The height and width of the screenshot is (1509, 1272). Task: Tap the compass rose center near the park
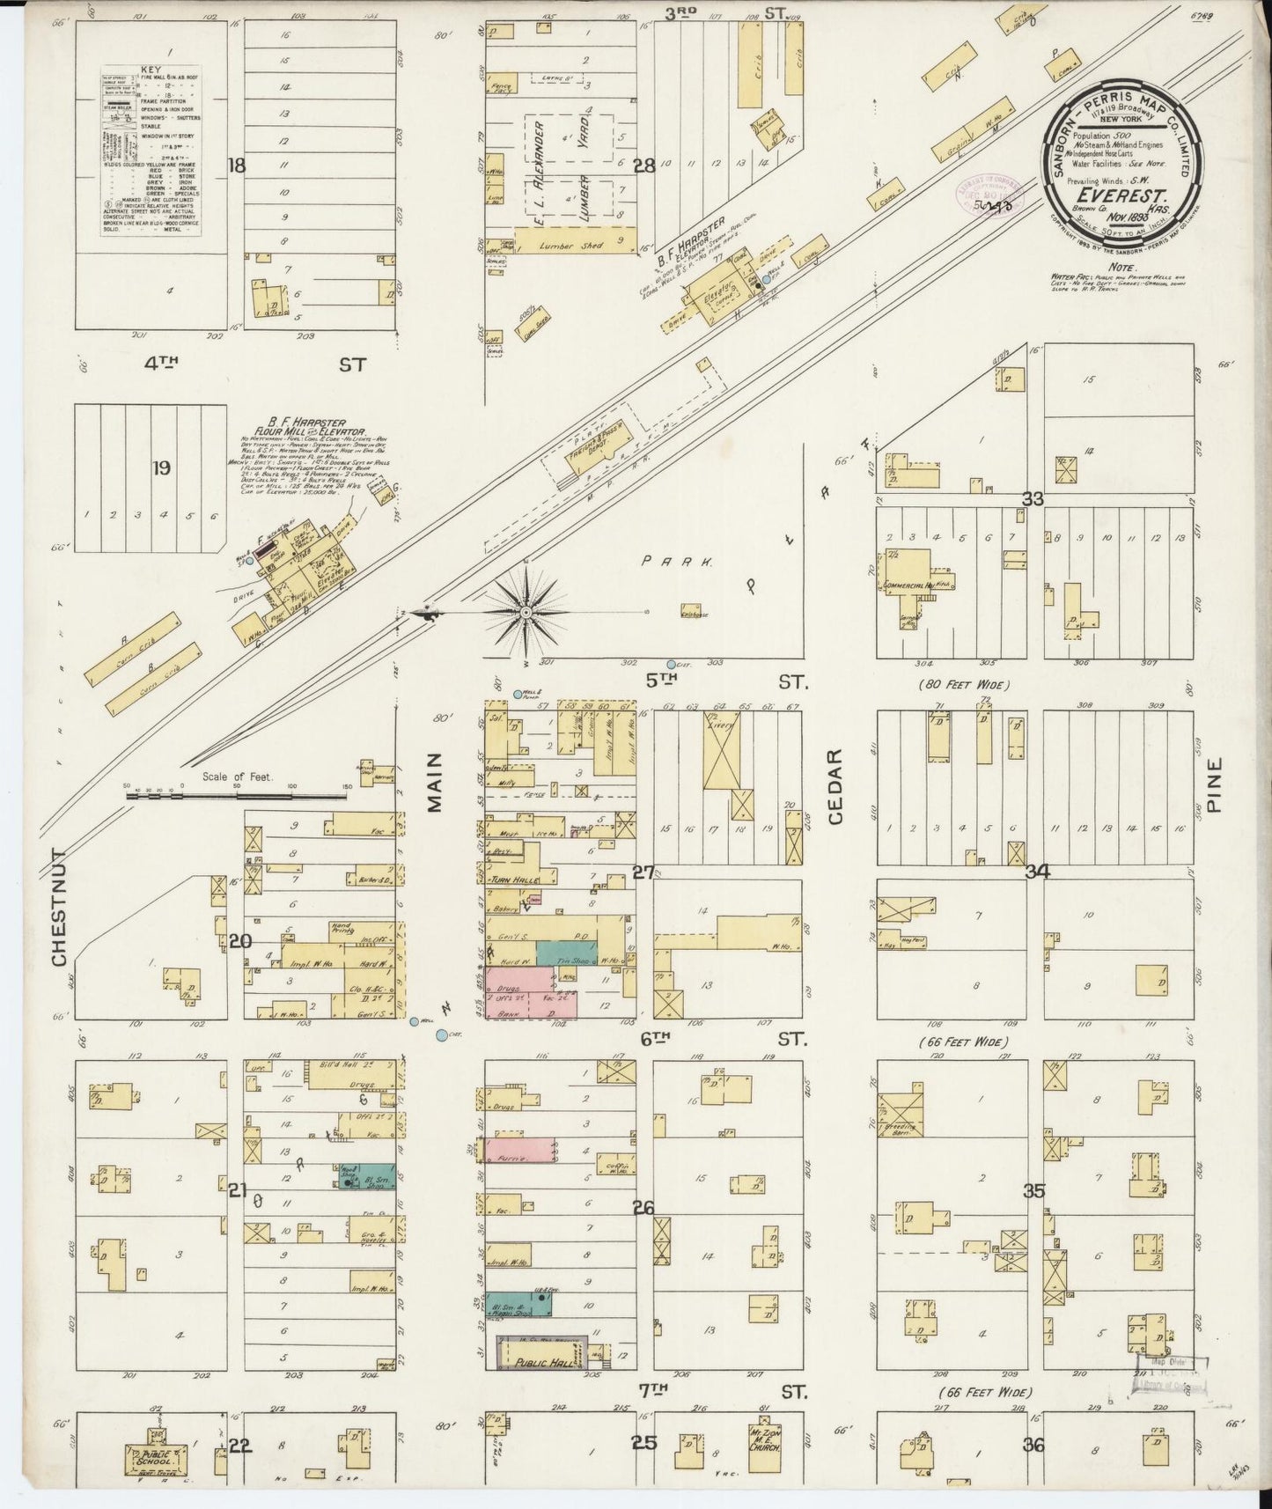(526, 612)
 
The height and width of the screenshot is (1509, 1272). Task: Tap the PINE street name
(1216, 790)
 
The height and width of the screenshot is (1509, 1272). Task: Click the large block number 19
(160, 468)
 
